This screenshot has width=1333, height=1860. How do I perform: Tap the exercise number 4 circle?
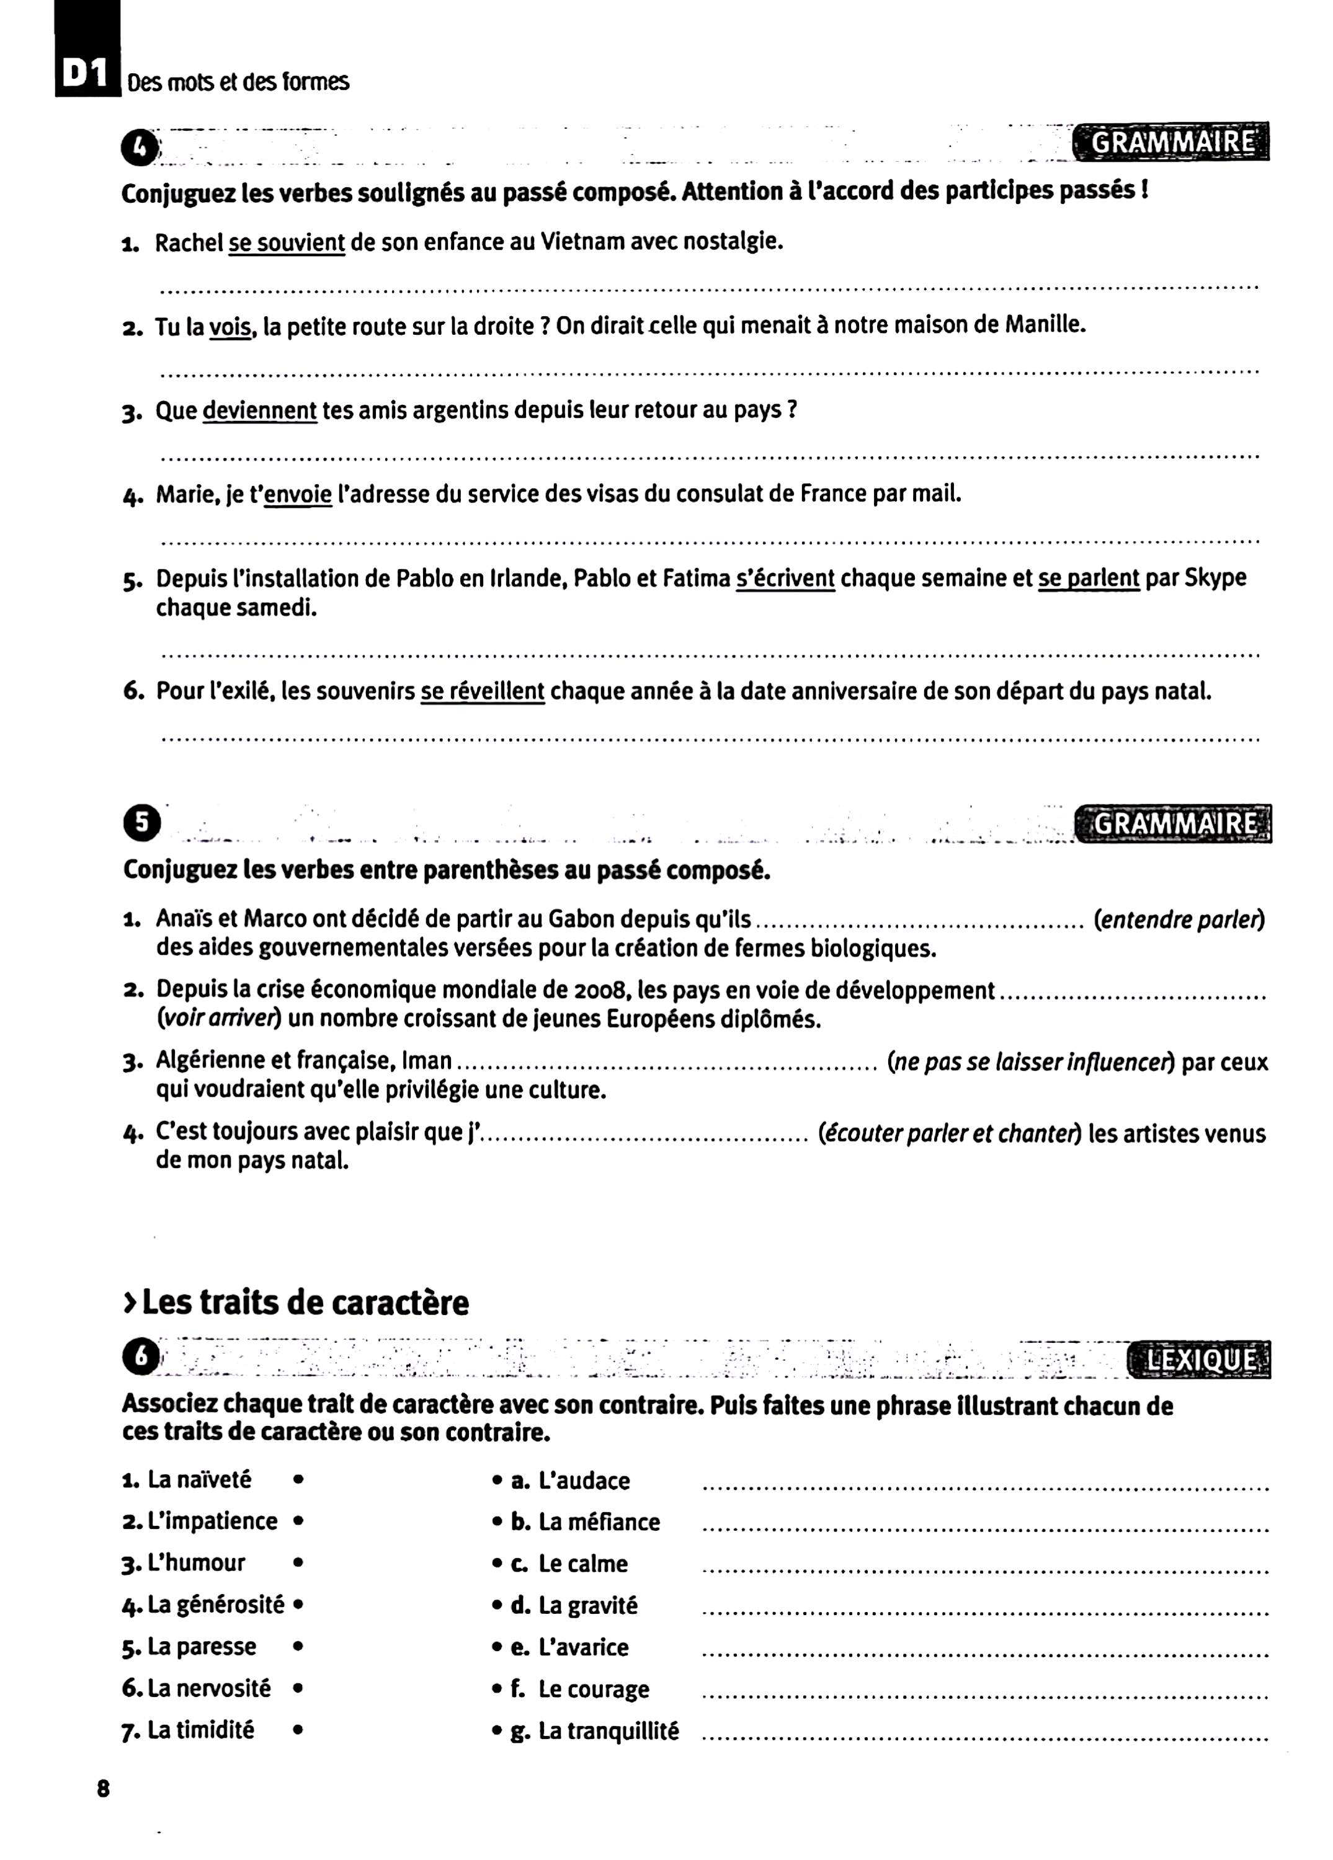(141, 148)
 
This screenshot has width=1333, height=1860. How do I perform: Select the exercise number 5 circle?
(141, 823)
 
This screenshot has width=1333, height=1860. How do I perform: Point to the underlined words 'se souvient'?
(287, 244)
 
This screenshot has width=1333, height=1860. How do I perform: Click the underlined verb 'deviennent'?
(259, 410)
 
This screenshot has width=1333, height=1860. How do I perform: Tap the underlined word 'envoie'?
(298, 495)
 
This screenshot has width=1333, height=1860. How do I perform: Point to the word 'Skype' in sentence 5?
(1218, 578)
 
